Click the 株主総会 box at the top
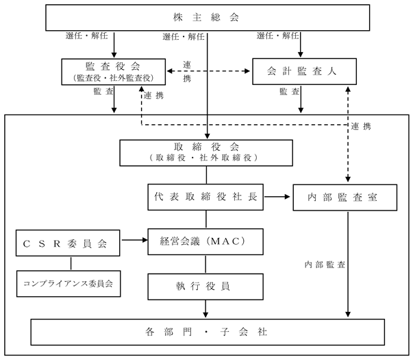[x=208, y=17]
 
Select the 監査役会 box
[x=114, y=72]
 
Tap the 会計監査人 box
[x=305, y=71]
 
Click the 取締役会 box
[x=206, y=153]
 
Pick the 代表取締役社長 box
[x=205, y=197]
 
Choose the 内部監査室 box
[x=345, y=197]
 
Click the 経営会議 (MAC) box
[x=205, y=241]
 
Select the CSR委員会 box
[x=68, y=243]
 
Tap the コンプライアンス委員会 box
[x=68, y=283]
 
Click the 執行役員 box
[x=205, y=287]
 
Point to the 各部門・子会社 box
[x=208, y=332]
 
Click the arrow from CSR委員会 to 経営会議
[x=135, y=240]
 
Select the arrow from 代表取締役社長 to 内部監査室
[x=277, y=197]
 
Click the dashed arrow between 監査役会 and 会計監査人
[x=208, y=71]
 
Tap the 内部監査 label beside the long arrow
[x=325, y=265]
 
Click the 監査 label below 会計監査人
[x=290, y=91]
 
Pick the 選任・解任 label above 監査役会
[x=87, y=36]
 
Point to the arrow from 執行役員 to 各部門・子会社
[x=205, y=309]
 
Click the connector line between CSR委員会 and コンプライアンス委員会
[x=71, y=263]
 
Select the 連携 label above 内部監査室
[x=361, y=126]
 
